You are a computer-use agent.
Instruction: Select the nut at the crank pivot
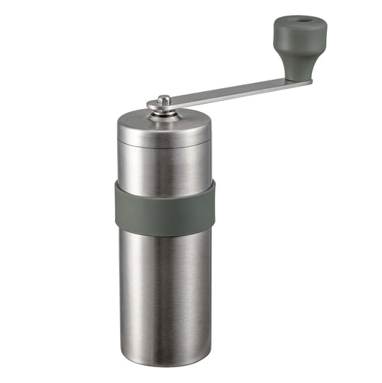164,101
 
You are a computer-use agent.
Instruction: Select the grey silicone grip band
164,205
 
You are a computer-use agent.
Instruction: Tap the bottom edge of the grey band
164,226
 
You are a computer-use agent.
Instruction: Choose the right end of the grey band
213,203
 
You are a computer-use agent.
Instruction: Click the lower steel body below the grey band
164,291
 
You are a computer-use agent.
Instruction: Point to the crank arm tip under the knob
302,81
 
